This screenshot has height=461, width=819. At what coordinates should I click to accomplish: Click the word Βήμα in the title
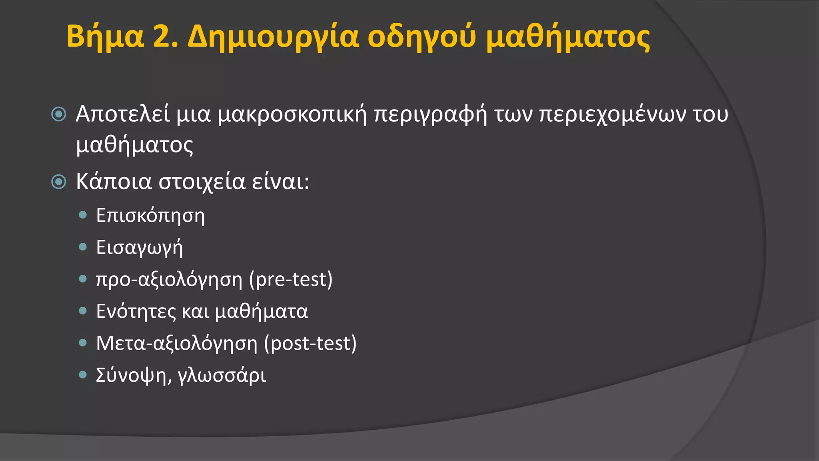tap(105, 37)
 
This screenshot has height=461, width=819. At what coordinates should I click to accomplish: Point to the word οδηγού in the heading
tap(422, 37)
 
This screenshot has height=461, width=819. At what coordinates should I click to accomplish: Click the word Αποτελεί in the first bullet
tap(123, 114)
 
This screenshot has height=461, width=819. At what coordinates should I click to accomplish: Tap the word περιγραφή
tap(430, 115)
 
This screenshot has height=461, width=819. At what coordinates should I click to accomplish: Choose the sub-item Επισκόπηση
tap(150, 216)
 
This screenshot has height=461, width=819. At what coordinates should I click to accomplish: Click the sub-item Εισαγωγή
tap(139, 248)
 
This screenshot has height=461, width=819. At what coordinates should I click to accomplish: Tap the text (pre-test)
tap(291, 279)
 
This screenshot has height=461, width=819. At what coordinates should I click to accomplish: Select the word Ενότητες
tap(136, 311)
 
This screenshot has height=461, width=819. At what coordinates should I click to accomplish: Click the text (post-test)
tap(310, 343)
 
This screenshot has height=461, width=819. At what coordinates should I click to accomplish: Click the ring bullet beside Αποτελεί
tap(59, 115)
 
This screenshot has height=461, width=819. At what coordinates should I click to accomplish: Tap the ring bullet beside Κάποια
tap(59, 182)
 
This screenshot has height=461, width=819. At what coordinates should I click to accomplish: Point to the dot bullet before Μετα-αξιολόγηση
tap(83, 343)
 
